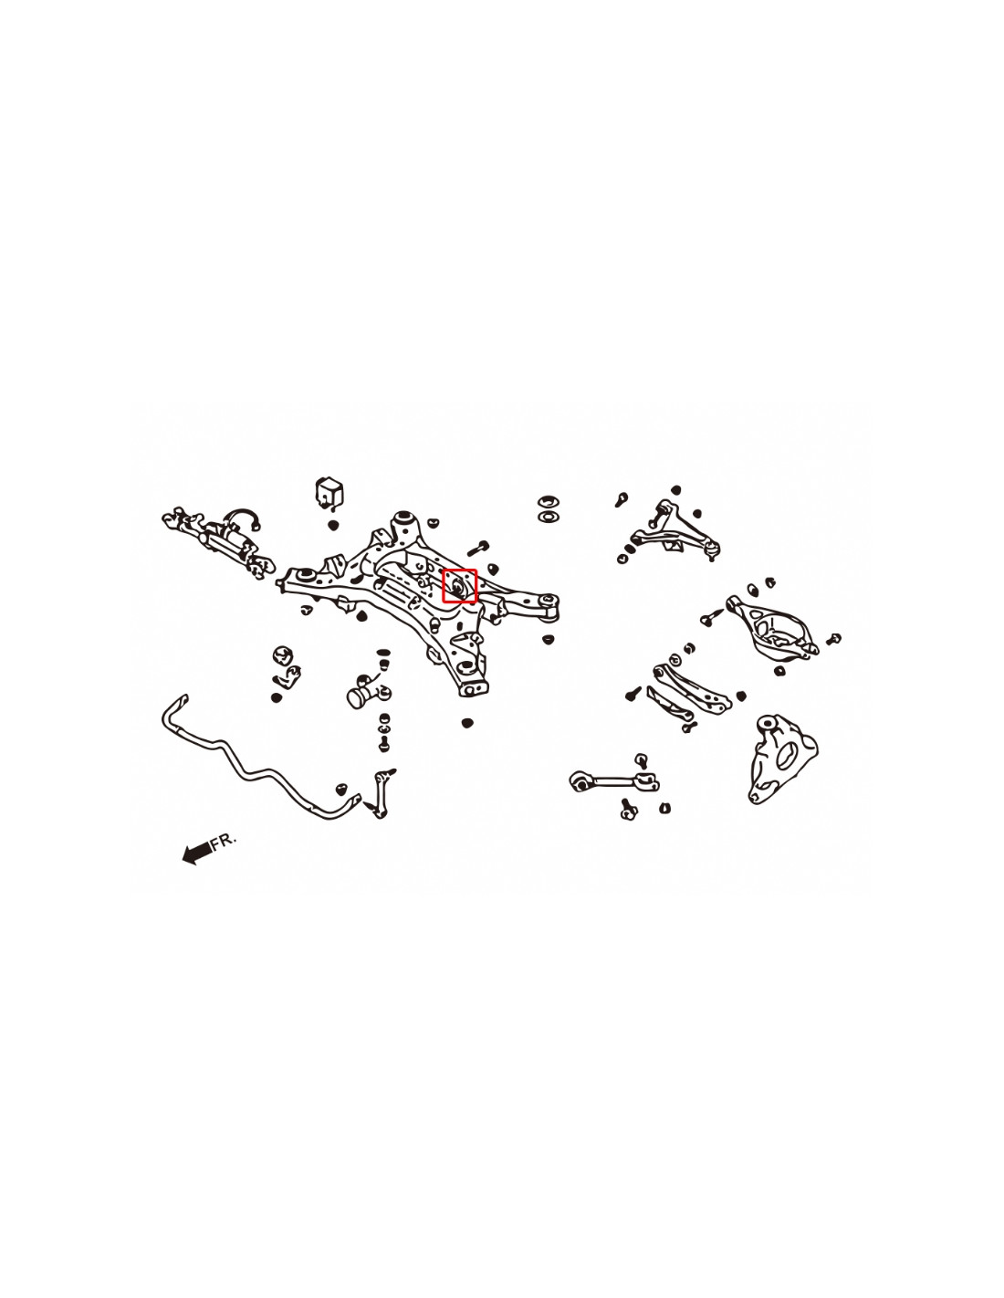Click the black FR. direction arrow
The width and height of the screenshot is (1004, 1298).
pos(196,852)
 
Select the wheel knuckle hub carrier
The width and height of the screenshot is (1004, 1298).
pos(781,759)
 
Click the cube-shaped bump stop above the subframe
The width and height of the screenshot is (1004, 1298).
pos(329,493)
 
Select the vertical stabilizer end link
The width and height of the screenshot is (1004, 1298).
pos(381,794)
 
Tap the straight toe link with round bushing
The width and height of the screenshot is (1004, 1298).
pos(614,780)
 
